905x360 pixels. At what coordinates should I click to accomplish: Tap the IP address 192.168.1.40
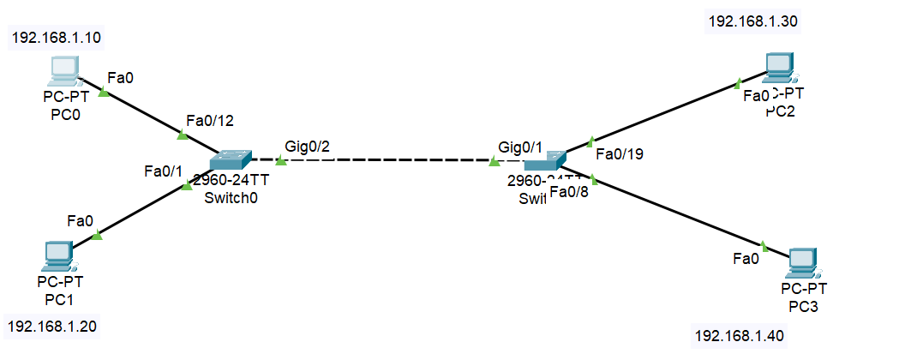(738, 334)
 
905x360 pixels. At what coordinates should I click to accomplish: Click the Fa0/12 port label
(209, 120)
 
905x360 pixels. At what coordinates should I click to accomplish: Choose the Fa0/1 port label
(164, 171)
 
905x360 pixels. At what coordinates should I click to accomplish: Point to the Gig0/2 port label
(307, 147)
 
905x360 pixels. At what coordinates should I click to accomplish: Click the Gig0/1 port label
(520, 147)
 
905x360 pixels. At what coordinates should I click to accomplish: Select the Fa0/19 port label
(619, 154)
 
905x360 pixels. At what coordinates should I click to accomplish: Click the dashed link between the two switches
(386, 160)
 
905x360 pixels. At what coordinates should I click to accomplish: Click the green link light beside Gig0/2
(280, 160)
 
